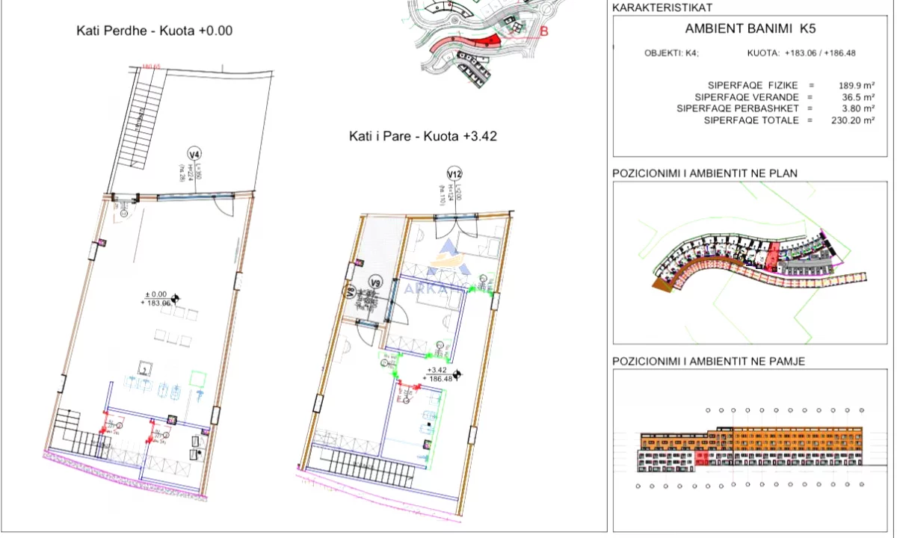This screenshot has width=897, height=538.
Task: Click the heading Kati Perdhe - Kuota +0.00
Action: [155, 31]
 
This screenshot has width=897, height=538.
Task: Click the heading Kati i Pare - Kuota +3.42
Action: [422, 136]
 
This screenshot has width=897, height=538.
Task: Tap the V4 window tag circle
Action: [194, 155]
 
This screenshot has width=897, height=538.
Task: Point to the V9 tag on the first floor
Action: [377, 282]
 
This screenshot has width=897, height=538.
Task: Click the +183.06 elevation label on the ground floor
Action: [155, 303]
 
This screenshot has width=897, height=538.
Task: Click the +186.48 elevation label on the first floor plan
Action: [438, 378]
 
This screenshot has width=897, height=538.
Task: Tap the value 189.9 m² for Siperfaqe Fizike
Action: [857, 86]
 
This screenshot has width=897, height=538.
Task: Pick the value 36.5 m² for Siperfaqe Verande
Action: [857, 97]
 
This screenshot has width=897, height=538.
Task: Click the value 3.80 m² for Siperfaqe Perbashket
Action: [857, 108]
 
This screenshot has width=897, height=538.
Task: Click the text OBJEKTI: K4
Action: [671, 53]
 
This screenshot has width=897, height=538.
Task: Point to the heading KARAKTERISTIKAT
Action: [662, 7]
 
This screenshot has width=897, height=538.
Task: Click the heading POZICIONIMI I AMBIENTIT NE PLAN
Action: [704, 173]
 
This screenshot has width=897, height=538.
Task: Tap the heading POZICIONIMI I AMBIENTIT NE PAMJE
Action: [708, 361]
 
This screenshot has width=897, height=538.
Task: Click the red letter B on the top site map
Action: [543, 31]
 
